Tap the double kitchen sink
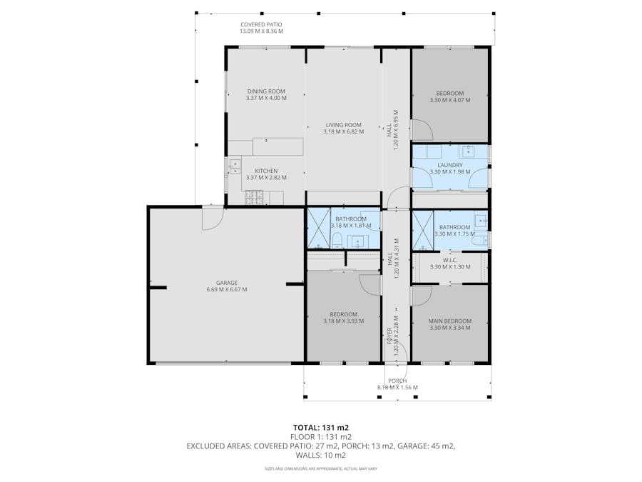(234, 166)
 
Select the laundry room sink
(469, 151)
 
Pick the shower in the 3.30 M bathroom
(423, 231)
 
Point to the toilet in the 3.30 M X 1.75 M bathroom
(484, 240)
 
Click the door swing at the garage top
(211, 219)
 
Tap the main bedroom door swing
(421, 296)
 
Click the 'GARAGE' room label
(227, 283)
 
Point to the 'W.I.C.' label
(450, 260)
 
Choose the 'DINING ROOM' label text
(266, 91)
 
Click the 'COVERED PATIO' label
(261, 24)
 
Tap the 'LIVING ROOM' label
(343, 124)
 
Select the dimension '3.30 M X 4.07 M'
(450, 100)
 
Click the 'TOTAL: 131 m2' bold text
(320, 427)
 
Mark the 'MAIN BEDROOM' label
(450, 321)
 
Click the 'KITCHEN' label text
(266, 171)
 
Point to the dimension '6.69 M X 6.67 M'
(227, 289)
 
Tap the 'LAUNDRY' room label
(450, 165)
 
